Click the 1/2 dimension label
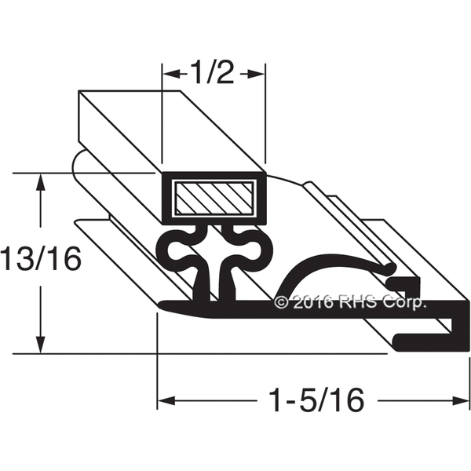coord(212,73)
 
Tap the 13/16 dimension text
coord(41,258)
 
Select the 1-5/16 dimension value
coord(317,400)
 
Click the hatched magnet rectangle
coord(214,199)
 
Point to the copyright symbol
coord(281,302)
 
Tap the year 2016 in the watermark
coord(312,302)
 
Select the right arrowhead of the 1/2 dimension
coord(256,74)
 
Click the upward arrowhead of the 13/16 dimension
coord(41,182)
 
